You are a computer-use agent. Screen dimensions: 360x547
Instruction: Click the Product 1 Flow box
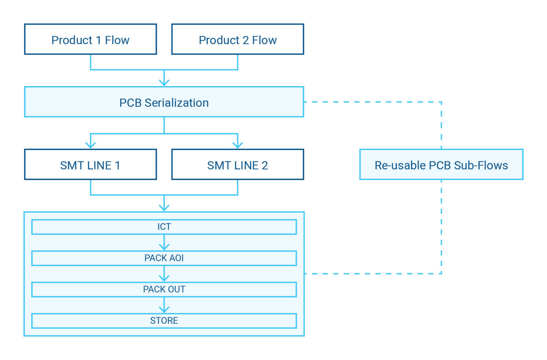(x=90, y=40)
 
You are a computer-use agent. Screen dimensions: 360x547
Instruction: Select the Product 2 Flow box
(x=238, y=40)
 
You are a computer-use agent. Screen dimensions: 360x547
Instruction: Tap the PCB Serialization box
(x=164, y=102)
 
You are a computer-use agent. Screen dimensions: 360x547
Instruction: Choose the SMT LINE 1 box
(x=90, y=165)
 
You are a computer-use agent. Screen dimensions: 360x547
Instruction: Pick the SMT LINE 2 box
(x=238, y=165)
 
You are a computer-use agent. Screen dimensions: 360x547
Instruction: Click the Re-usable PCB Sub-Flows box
(x=441, y=165)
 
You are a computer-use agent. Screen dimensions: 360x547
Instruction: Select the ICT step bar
(x=164, y=227)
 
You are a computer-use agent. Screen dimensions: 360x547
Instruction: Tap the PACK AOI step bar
(x=164, y=258)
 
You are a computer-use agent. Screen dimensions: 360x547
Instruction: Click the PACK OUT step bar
(x=164, y=289)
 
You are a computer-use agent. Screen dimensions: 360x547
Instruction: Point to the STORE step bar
(x=164, y=320)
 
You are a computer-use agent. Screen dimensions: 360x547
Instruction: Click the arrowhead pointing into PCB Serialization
(x=164, y=83)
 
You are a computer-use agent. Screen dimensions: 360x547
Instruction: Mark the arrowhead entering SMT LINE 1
(x=90, y=145)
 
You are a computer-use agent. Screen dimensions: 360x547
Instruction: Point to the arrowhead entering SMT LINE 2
(x=238, y=145)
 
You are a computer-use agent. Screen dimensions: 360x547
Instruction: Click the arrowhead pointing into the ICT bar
(x=164, y=208)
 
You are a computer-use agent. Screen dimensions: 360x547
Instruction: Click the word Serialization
(x=176, y=103)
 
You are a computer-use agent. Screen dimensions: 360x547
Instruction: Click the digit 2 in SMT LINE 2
(x=265, y=165)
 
